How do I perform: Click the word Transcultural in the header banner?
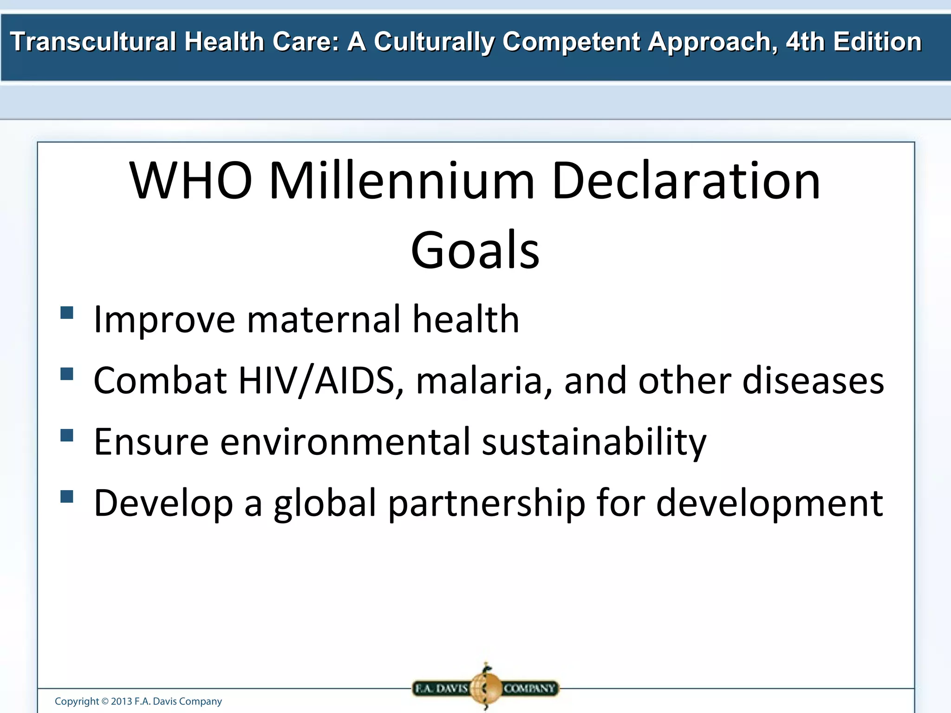pos(93,42)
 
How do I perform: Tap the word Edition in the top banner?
pos(877,42)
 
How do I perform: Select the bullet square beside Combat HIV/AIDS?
pos(67,374)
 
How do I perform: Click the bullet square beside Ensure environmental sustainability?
pos(67,435)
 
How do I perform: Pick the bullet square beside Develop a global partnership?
pos(67,497)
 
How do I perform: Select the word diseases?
pos(813,381)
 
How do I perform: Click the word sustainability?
pos(594,442)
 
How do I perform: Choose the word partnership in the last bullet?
pos(487,504)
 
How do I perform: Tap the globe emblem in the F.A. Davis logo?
pos(486,687)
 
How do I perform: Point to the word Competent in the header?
pos(571,42)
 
